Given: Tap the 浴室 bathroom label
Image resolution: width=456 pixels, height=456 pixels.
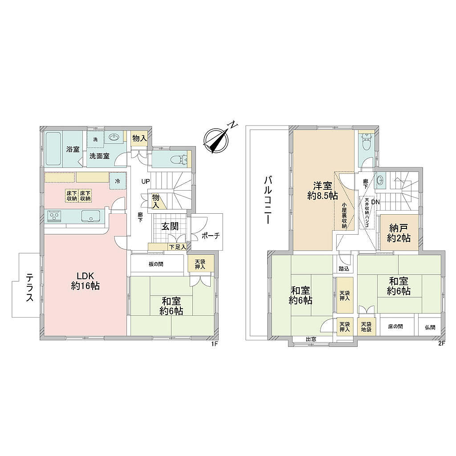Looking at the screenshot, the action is coord(73,150).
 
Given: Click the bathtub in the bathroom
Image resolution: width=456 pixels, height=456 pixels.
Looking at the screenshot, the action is coord(53,149).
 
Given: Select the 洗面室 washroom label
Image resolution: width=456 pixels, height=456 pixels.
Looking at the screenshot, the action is coord(99,156).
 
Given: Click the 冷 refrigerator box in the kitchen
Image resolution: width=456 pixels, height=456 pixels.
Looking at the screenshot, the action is coord(118,181).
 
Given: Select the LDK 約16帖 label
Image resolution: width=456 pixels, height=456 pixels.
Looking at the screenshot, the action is coord(85,281).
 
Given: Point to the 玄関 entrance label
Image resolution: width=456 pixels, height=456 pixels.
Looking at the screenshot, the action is coord(170,227).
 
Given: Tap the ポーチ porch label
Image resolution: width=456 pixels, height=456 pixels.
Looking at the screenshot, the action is coord(210,236).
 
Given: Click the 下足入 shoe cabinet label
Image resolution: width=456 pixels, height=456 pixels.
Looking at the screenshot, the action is coord(178,247).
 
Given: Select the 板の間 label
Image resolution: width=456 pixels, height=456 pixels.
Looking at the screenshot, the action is coord(156,264).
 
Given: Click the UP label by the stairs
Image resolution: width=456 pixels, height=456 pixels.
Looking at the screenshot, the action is coord(146,182).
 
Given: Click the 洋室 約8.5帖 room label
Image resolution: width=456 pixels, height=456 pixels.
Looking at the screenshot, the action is coord(322,191).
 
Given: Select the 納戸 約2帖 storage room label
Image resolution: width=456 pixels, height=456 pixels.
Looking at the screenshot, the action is coord(399,233).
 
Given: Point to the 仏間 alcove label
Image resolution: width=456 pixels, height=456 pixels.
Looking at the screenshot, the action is coord(430,327).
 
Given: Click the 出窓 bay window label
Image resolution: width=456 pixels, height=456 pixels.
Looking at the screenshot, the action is coord(311,339).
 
